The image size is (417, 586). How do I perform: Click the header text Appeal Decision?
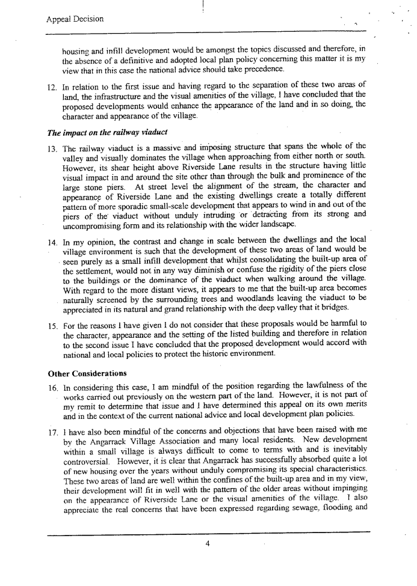pos(75,19)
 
